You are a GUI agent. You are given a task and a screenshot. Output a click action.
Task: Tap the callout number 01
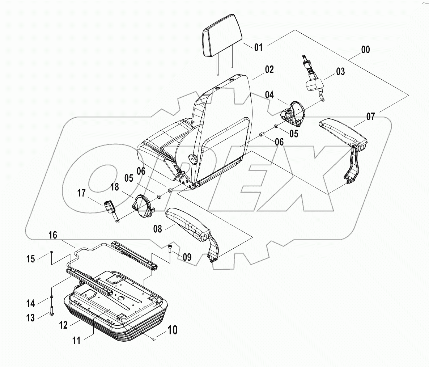point(258,47)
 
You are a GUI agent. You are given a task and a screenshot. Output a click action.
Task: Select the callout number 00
point(365,50)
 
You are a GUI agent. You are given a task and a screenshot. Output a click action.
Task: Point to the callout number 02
point(269,69)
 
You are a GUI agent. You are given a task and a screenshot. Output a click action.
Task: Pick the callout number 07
point(370,117)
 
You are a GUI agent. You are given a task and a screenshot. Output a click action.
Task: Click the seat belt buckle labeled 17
point(109,208)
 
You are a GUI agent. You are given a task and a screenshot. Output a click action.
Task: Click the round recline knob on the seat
point(192,159)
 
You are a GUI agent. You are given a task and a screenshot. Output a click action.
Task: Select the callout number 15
point(31,259)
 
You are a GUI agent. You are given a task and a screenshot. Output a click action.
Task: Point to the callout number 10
point(172,330)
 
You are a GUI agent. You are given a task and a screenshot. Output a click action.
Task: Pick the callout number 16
point(52,235)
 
